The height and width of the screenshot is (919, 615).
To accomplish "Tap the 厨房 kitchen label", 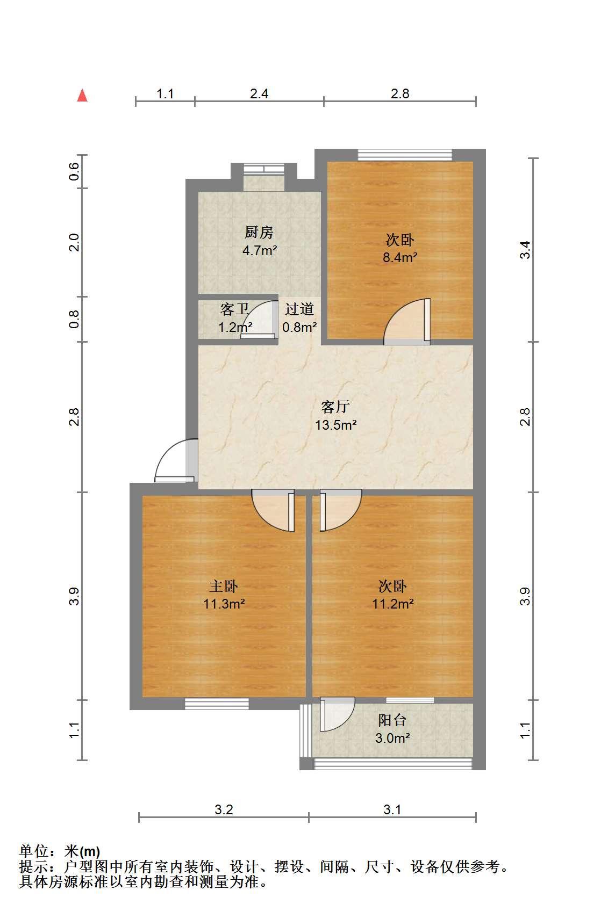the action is point(259,232).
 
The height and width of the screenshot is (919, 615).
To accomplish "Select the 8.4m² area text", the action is point(400,257).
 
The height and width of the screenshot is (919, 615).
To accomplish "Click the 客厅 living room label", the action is point(335,407).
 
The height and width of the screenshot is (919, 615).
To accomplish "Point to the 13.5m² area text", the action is point(335,425).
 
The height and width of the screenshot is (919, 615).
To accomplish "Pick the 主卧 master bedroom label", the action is point(224,586).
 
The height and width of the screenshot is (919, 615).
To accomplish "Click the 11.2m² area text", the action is point(392,604).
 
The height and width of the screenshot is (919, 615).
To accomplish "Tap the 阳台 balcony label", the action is point(392,720).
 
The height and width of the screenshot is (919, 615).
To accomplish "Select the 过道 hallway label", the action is point(299,309).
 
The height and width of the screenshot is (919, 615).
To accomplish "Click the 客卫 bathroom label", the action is point(234,309).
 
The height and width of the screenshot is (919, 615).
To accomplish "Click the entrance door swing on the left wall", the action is point(176,460).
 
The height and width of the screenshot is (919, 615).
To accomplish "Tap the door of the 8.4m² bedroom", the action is point(407,321).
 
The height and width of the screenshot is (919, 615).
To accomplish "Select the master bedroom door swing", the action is point(273,510).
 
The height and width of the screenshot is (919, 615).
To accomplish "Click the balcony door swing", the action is point(337,714).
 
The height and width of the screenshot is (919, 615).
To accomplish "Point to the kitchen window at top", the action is point(263,169).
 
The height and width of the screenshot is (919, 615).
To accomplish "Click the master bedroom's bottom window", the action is point(217,704).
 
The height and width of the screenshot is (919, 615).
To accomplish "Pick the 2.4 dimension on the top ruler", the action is point(259,93).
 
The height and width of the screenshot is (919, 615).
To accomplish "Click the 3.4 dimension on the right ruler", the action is point(525,250).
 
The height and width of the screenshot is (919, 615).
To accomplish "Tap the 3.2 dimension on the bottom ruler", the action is point(224,809).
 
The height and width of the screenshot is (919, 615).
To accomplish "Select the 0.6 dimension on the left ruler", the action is point(74,171).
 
